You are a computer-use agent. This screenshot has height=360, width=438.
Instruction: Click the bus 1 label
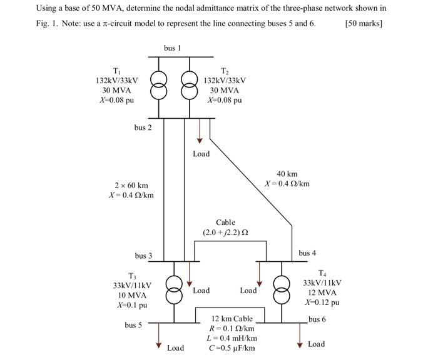172,48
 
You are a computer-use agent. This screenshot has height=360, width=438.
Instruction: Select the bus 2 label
143,127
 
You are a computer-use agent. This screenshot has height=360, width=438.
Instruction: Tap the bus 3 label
143,256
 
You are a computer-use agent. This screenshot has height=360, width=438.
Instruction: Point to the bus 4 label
307,253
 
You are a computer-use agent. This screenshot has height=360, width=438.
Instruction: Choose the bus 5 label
133,325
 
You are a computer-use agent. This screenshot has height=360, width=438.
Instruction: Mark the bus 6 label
317,319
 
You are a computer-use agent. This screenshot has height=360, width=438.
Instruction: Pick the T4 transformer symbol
282,290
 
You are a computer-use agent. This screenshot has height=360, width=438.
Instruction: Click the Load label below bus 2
201,154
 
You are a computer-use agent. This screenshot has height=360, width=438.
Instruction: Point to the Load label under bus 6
317,344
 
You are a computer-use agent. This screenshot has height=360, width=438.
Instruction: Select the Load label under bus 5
175,347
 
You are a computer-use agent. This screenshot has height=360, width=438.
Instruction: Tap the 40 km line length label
287,174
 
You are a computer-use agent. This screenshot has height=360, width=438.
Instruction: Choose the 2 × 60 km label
131,186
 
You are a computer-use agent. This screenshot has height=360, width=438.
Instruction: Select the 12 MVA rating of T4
322,292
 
